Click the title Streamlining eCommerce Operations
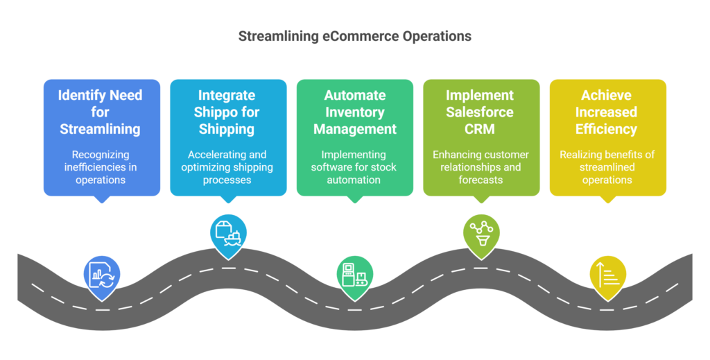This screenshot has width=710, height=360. (x=354, y=36)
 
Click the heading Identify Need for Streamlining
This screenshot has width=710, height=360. (x=101, y=112)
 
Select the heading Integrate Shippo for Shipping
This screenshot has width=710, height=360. (x=227, y=112)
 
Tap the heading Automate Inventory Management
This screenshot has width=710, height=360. (x=354, y=112)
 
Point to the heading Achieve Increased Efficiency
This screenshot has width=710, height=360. (x=607, y=112)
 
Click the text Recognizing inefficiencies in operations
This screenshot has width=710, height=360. (x=101, y=166)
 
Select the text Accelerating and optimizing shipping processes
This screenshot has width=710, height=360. (x=227, y=166)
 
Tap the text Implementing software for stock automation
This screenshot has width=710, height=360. (x=354, y=166)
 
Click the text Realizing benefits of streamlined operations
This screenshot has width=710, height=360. (x=607, y=166)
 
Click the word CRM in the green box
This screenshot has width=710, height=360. (x=480, y=129)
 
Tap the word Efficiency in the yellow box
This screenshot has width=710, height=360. (x=607, y=129)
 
